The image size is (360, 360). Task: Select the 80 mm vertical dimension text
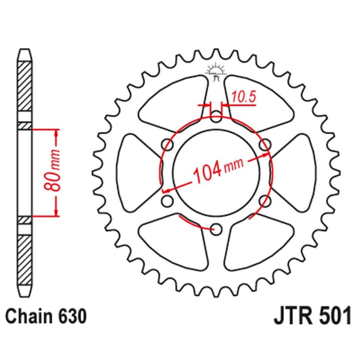coord(54,173)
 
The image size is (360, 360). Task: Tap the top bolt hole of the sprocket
coord(216,118)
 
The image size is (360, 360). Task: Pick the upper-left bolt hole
coord(168,145)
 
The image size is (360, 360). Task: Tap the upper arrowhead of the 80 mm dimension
coord(56,134)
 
